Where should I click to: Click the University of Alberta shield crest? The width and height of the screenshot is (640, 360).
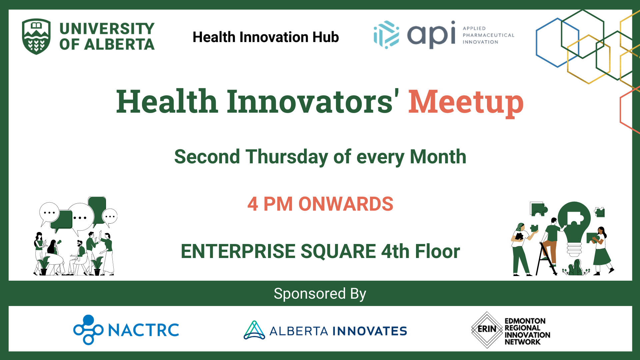pos(36,36)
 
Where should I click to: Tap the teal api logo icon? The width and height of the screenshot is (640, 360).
pos(386,35)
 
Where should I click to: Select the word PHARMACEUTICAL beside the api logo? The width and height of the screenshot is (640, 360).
pos(488,35)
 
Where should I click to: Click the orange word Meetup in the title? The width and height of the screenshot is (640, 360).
pos(466,102)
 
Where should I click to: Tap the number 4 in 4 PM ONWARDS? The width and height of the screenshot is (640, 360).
pos(253,204)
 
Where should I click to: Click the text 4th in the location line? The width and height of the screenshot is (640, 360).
pos(395,251)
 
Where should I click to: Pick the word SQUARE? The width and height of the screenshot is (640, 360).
pos(338,251)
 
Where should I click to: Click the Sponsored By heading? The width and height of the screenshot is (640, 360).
pos(320,294)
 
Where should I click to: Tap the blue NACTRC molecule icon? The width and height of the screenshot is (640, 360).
pos(88,329)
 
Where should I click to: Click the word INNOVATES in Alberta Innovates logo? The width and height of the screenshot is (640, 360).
pos(370,331)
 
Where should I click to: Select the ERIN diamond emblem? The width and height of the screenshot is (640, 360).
pos(487,329)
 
